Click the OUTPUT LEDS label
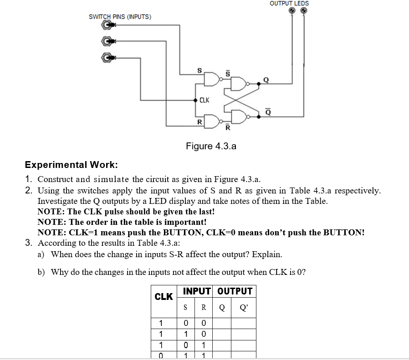[289, 3]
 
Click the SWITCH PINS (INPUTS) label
[120, 17]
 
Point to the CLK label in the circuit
[204, 100]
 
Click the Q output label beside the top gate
[266, 80]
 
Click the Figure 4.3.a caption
[211, 146]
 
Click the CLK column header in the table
[164, 297]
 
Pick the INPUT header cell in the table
[197, 291]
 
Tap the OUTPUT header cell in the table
[235, 291]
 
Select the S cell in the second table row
[185, 335]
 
